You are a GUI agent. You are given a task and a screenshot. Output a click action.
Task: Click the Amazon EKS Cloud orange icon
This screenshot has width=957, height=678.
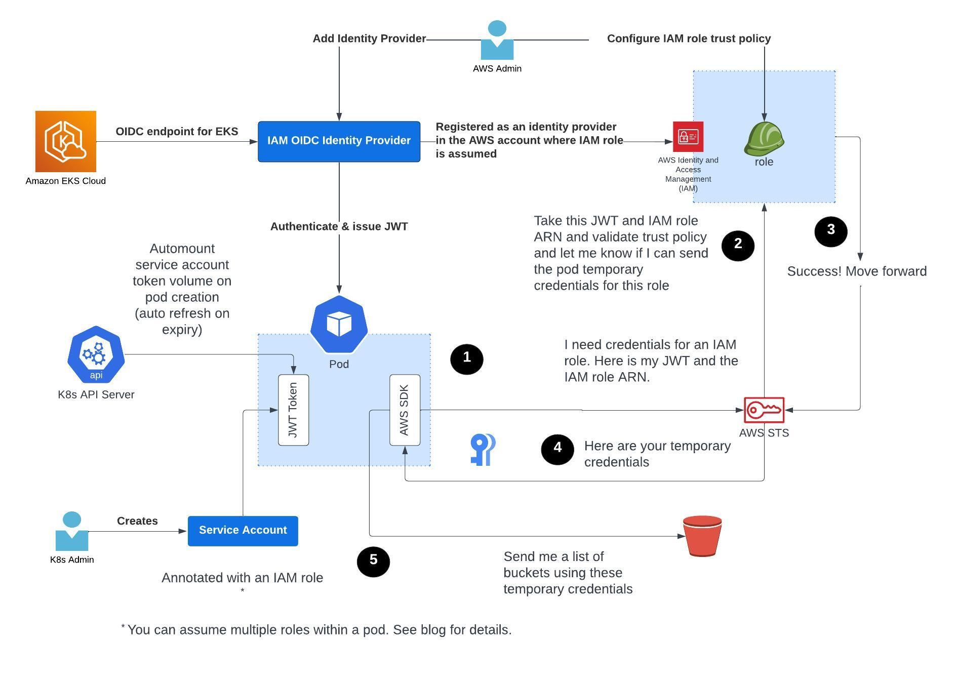(x=65, y=141)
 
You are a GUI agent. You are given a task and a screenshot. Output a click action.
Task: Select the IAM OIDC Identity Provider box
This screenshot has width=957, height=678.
(x=339, y=141)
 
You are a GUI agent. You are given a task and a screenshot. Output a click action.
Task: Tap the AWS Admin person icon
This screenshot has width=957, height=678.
(x=497, y=41)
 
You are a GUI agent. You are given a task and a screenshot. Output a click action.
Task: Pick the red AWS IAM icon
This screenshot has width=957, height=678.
(x=688, y=136)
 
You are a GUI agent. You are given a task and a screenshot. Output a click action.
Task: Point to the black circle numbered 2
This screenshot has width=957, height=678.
(x=738, y=245)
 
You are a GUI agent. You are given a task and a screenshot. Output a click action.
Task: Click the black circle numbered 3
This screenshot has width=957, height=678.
(x=830, y=231)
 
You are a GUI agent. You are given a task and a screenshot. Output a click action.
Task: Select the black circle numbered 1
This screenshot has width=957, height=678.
(x=466, y=359)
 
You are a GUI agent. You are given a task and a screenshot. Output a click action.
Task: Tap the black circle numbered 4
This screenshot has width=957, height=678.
(x=557, y=449)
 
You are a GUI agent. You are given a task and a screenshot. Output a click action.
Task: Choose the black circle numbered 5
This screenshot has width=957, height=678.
(x=373, y=561)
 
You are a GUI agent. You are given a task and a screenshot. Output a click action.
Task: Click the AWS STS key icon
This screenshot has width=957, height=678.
(x=764, y=410)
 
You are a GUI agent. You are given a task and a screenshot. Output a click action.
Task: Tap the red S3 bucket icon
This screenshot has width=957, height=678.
(x=702, y=536)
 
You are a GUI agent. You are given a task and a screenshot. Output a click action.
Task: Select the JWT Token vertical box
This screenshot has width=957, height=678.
(x=293, y=410)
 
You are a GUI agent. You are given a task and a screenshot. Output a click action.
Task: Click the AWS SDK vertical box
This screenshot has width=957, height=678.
(x=405, y=410)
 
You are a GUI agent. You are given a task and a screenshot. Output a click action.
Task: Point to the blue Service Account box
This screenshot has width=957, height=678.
(x=243, y=531)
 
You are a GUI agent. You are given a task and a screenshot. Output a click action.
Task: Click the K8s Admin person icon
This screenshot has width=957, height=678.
(x=71, y=531)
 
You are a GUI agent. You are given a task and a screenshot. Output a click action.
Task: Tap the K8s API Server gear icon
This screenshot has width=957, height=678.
(x=96, y=354)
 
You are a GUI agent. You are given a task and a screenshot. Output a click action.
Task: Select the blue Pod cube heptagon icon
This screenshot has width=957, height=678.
(x=339, y=324)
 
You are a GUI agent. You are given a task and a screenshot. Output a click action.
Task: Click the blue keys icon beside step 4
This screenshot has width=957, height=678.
(x=482, y=449)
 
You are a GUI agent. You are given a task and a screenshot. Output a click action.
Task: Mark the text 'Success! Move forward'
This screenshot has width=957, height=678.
(x=857, y=271)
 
